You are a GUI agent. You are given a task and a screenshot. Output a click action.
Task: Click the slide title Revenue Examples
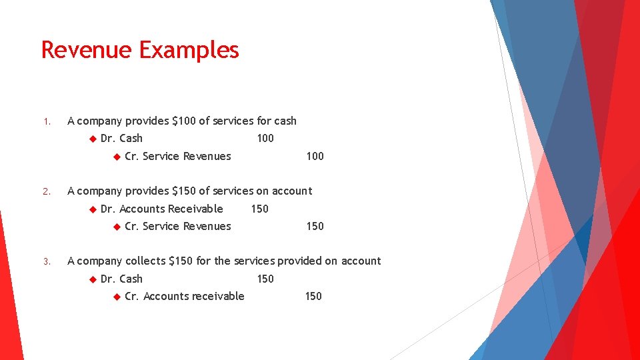(x=140, y=50)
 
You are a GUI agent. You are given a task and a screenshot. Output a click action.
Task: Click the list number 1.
(x=46, y=122)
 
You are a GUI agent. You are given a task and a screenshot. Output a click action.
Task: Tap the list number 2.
(x=46, y=192)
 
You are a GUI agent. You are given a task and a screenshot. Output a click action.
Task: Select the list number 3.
(x=46, y=262)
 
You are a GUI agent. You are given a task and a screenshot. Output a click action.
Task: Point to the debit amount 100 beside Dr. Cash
(x=265, y=139)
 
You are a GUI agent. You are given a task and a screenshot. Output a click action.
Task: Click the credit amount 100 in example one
(x=315, y=156)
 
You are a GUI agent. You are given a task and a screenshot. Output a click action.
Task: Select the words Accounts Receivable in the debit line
(x=171, y=209)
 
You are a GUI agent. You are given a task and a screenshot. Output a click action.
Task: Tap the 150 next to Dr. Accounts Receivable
(x=259, y=209)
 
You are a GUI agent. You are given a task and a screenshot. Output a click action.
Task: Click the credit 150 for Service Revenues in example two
(x=315, y=226)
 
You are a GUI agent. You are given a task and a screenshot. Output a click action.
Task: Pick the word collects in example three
(x=145, y=261)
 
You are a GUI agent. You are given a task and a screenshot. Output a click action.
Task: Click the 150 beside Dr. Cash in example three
(x=265, y=279)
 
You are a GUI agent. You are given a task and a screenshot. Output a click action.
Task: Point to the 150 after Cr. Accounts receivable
(x=313, y=296)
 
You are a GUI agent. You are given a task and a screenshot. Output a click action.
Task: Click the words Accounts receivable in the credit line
(x=194, y=296)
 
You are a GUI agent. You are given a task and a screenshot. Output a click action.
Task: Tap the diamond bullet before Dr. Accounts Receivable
(x=92, y=209)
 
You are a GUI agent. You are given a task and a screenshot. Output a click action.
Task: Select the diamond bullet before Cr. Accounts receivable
(x=116, y=296)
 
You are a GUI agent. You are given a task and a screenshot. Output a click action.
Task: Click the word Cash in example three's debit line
(x=131, y=279)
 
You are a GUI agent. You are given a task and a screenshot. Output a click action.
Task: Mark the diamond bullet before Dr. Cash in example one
(x=92, y=139)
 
